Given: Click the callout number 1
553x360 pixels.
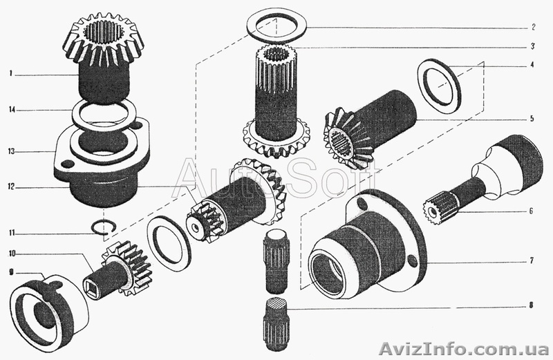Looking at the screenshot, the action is tap(11, 74).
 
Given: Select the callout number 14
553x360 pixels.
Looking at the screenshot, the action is tap(12, 110).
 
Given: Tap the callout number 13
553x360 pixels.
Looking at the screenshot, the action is tap(12, 151).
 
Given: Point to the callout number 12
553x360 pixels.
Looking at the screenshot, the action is tap(12, 187).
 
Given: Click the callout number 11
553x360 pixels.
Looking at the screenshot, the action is tap(12, 233).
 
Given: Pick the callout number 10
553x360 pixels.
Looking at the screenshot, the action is tap(12, 253).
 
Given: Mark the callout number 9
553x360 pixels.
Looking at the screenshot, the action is tap(11, 272).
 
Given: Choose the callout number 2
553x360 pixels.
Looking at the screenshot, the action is tap(534, 27).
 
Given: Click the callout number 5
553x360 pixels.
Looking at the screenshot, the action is tap(532, 118).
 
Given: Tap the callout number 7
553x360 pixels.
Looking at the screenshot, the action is tap(532, 260).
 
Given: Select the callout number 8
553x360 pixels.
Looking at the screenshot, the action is tap(532, 305).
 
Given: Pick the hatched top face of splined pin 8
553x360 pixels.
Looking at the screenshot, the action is tap(276, 303).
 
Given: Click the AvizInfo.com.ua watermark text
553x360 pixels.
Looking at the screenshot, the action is tap(464, 349).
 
